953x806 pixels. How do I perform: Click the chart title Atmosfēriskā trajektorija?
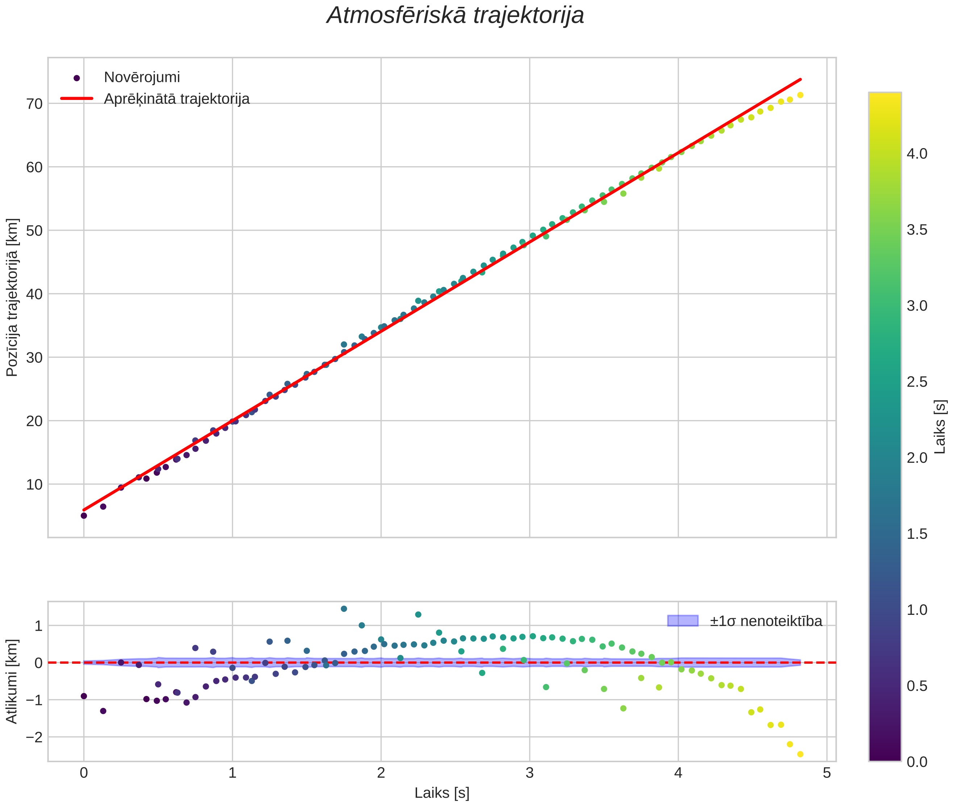point(455,16)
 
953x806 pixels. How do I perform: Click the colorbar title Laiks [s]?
point(940,427)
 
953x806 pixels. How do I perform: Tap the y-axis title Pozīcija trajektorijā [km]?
point(12,298)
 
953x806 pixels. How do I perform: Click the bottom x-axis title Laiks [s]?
point(442,793)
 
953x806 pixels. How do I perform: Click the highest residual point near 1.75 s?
point(344,609)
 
